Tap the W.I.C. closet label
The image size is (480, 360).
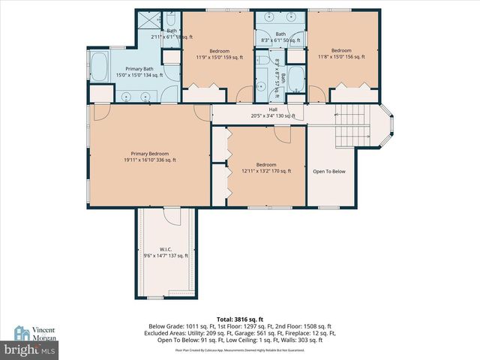point(166,249)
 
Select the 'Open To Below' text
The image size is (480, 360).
point(329,172)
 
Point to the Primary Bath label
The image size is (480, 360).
point(138,68)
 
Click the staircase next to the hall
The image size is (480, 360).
point(352,125)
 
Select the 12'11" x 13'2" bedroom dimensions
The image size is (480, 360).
point(265,172)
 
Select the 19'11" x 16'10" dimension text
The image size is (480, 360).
point(146,160)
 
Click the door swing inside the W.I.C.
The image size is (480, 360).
point(172,217)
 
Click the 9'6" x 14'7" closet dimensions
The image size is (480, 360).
point(166,256)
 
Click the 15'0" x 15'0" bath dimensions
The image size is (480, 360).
point(138,75)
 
